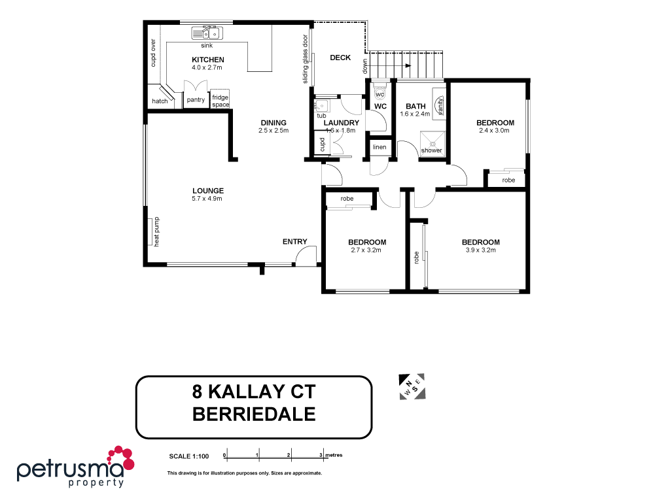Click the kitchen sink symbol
pos(207,33)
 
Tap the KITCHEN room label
pos(207,59)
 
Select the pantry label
pos(195,100)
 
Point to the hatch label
pos(160,101)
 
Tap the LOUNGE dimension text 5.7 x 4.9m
pos(207,199)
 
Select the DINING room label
pos(273,122)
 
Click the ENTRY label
pos(294,242)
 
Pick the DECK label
pos(340,58)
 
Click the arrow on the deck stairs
pos(407,65)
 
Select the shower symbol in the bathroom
pos(431,142)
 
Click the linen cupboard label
pos(379,147)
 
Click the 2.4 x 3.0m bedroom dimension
pos(495,130)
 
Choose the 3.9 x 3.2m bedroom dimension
pos(481,250)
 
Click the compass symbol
pos(413,386)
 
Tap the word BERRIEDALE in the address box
pos(254,414)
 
